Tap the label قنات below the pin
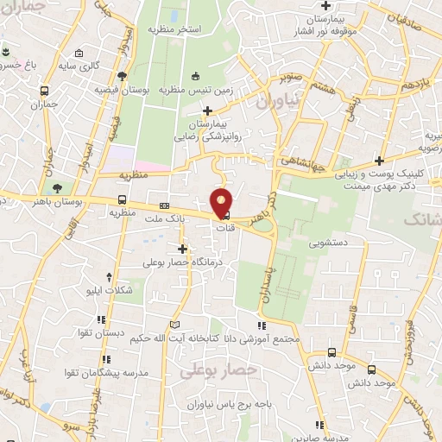(x=224, y=228)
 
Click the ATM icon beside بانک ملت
(x=164, y=207)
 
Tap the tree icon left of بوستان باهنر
(x=56, y=186)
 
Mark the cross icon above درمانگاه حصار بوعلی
(x=182, y=249)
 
